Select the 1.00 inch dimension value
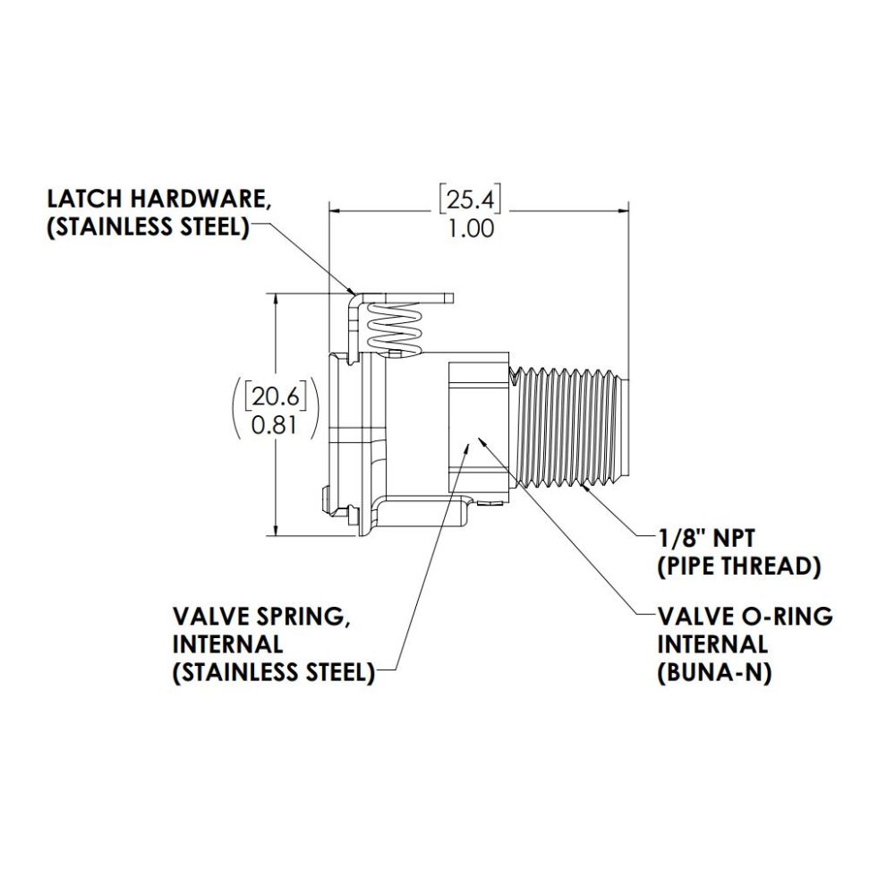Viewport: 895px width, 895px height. tap(470, 229)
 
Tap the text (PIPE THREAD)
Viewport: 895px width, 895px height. tap(739, 567)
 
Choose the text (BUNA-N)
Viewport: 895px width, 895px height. tap(714, 673)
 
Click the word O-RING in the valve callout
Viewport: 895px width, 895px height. tap(787, 617)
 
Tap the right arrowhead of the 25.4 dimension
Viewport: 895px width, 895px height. tap(623, 212)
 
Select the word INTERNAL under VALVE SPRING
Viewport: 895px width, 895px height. tap(228, 644)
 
